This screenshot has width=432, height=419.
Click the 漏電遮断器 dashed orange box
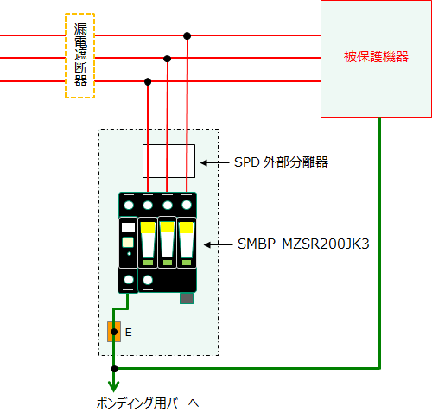click(66, 56)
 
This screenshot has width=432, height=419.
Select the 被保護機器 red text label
click(376, 57)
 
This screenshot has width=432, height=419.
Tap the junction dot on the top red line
click(187, 36)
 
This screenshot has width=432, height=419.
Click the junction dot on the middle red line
click(167, 59)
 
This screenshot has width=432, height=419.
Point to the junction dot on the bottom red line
click(148, 82)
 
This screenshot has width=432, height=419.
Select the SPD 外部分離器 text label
click(281, 162)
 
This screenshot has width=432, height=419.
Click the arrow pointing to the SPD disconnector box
click(215, 163)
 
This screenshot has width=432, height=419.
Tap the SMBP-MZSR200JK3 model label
click(303, 244)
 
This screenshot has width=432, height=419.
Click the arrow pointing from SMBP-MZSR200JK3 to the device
click(219, 245)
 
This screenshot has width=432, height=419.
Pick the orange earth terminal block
click(114, 332)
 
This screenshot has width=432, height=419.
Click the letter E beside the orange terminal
click(129, 333)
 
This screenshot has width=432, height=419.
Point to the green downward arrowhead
click(114, 386)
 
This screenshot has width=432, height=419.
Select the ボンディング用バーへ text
click(148, 403)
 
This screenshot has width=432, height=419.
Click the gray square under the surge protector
click(187, 298)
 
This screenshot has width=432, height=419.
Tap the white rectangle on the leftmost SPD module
click(129, 227)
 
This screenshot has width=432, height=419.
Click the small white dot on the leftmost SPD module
click(129, 254)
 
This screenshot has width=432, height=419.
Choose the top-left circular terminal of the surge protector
click(129, 206)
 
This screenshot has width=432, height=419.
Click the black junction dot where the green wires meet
click(114, 369)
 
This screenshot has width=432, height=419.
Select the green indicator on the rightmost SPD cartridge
click(187, 263)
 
